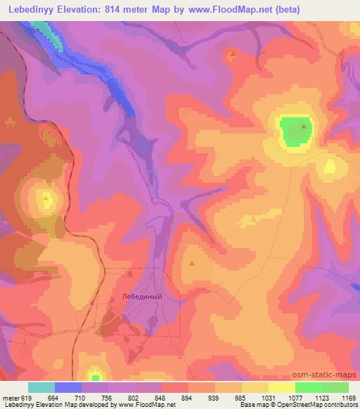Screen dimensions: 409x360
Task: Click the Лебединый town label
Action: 142,296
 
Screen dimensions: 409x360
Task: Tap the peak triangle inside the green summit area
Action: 304,126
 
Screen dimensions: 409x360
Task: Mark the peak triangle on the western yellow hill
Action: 46,198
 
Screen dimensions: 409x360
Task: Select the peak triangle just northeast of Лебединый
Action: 191,264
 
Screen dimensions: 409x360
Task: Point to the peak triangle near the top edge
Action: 232,53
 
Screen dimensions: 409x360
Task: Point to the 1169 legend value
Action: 348,397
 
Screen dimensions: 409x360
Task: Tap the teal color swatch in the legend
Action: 41,387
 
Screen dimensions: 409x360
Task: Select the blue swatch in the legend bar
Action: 68,387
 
